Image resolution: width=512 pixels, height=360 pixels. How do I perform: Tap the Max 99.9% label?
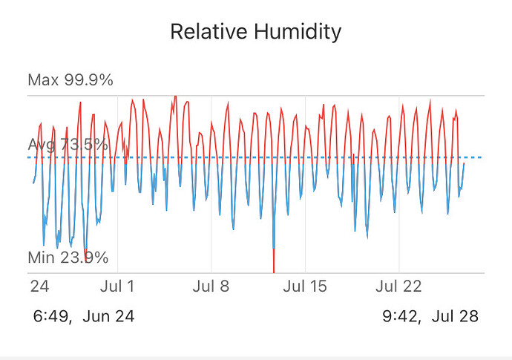click(70, 80)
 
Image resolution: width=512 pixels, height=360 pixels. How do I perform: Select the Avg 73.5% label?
click(68, 145)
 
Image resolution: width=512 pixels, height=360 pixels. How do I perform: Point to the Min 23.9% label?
click(68, 258)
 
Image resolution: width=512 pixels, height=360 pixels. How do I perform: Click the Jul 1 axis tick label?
click(116, 287)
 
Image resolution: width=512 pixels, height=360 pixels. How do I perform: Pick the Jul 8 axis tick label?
click(211, 287)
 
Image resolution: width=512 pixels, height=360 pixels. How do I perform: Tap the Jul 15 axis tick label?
click(305, 287)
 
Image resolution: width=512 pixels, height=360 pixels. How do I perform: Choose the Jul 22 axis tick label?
click(399, 287)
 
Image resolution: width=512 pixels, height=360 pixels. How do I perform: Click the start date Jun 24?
click(109, 317)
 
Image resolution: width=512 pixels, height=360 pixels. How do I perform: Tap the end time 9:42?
click(401, 317)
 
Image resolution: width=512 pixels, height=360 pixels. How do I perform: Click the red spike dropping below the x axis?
click(275, 264)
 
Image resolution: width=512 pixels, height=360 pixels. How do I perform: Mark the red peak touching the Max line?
click(175, 96)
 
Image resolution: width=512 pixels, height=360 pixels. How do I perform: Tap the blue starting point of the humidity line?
click(33, 182)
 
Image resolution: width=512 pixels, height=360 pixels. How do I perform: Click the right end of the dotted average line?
click(481, 157)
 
